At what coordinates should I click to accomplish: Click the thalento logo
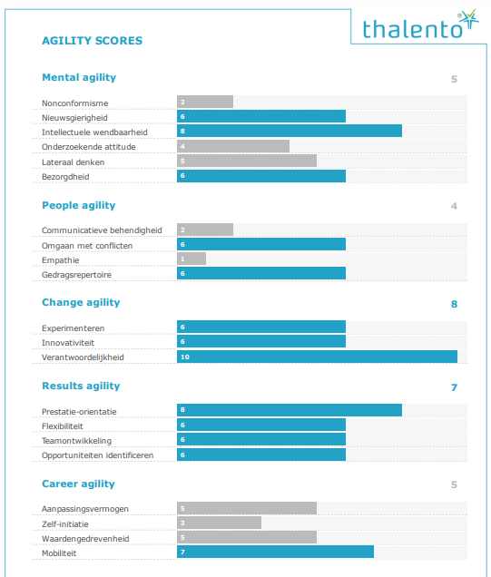tap(421, 25)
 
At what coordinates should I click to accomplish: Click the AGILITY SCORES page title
tap(92, 41)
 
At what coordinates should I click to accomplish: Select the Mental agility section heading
tap(79, 78)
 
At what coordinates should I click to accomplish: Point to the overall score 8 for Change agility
tap(454, 304)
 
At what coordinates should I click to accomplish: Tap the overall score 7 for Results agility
tap(454, 387)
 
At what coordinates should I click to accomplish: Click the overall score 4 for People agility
tap(454, 206)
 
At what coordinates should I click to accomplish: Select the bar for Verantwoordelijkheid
tap(317, 357)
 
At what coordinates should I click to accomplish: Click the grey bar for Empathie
tap(191, 259)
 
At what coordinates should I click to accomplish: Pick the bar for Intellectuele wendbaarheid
tap(290, 131)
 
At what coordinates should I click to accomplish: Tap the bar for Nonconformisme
tap(205, 102)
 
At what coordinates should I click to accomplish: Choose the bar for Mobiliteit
tap(275, 552)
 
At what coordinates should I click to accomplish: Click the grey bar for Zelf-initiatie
tap(219, 523)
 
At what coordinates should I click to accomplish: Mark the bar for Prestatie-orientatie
tap(290, 410)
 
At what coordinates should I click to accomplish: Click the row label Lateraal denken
tap(73, 162)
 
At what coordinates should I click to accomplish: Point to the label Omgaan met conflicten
tap(87, 246)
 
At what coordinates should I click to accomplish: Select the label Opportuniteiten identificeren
tap(97, 455)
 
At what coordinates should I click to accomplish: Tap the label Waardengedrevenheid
tap(85, 539)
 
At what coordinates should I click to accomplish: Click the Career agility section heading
tap(78, 484)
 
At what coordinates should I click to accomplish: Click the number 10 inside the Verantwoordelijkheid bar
tap(185, 357)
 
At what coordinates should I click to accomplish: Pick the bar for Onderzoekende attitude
tap(233, 146)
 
